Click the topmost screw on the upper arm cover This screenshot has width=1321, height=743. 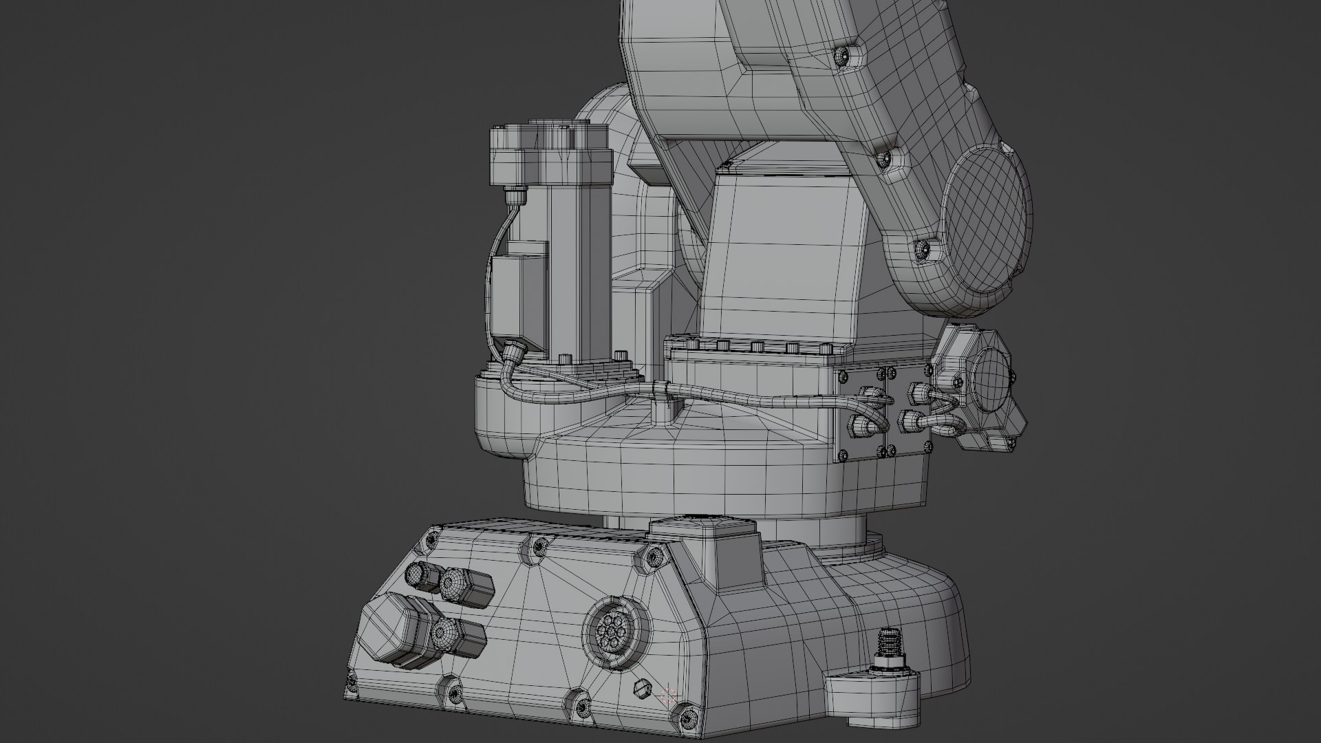pos(842,56)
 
